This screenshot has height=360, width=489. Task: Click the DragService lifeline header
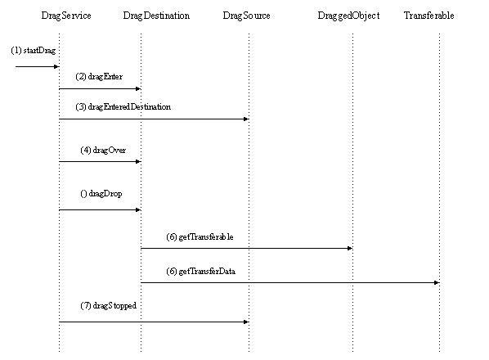coord(65,16)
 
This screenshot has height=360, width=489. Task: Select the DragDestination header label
coord(156,16)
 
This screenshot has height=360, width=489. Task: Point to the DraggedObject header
coord(348,16)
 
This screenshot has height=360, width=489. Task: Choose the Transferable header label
coord(428,16)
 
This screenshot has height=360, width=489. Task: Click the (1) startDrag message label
coord(34,51)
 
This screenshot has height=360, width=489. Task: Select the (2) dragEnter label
coord(99,76)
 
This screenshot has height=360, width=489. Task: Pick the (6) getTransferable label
coord(200,236)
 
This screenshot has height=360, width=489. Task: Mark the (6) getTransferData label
coord(201,271)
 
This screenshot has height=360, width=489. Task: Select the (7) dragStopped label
coord(103,305)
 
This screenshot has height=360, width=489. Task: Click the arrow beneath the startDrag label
coord(36,66)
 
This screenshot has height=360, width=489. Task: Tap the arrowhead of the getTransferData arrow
coord(436,282)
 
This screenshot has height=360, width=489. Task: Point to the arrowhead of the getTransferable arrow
coord(349,248)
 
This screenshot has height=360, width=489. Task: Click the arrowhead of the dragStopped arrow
coord(245,322)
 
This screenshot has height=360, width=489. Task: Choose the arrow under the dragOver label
coord(99,161)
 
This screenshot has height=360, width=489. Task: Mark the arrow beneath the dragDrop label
coord(99,209)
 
